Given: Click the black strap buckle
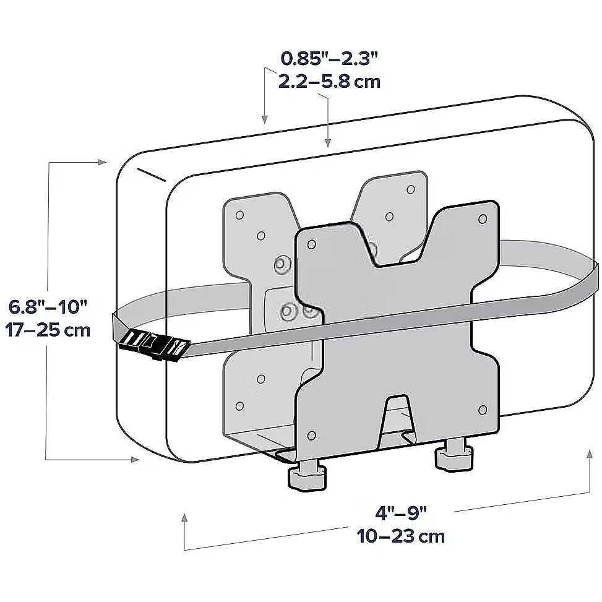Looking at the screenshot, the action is [x=154, y=344].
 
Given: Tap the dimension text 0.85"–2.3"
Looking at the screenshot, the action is [x=330, y=59].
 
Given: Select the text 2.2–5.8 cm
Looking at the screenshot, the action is [x=329, y=82].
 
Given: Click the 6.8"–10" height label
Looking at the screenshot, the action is [x=48, y=307].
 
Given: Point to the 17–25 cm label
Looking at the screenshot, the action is [x=48, y=330].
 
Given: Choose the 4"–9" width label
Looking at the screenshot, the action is [x=401, y=513].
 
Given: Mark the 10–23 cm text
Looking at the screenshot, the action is [x=401, y=536].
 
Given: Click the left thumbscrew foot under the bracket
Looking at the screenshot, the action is [x=307, y=476].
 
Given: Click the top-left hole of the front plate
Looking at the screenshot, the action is [x=312, y=244].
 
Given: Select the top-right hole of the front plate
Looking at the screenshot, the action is [x=483, y=219].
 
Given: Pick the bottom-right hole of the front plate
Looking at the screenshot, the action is [x=483, y=409].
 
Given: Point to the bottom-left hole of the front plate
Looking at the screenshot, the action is [x=312, y=436].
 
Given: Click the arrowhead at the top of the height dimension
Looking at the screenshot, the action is [x=102, y=162].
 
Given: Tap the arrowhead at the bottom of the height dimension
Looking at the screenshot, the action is [x=134, y=460].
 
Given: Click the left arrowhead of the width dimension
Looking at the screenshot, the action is [x=184, y=517].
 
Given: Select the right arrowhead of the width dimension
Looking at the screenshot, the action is [x=590, y=453].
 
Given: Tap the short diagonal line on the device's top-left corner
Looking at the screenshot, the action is [x=151, y=174].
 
